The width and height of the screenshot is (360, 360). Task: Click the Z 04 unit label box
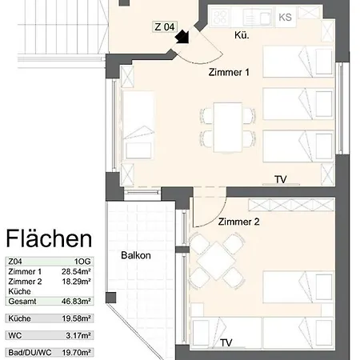pyautogui.click(x=164, y=26)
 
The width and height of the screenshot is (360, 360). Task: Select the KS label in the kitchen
pyautogui.click(x=285, y=17)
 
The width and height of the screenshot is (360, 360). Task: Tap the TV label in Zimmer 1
pyautogui.click(x=281, y=178)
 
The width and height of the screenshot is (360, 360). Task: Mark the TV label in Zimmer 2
pyautogui.click(x=226, y=343)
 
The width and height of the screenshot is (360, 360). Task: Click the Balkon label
pyautogui.click(x=136, y=256)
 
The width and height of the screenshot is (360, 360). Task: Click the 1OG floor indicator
pyautogui.click(x=82, y=262)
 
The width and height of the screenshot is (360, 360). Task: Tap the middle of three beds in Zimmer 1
pyautogui.click(x=299, y=103)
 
